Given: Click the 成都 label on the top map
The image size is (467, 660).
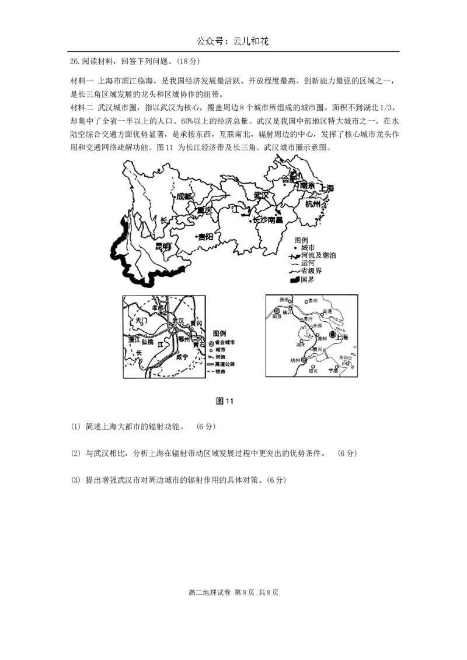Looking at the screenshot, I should [184, 196].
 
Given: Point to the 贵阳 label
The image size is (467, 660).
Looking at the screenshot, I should [205, 237].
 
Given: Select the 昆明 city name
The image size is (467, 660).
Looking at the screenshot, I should [162, 247].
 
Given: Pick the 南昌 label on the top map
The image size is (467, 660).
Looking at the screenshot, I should [275, 220].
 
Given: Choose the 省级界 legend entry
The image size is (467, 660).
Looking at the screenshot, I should [311, 272].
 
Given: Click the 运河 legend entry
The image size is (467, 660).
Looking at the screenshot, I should [308, 264].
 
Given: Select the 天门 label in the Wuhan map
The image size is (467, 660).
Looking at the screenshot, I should [142, 321].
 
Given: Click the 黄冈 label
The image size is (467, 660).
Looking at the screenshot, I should [196, 323].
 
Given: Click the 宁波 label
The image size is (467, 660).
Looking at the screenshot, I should [333, 370].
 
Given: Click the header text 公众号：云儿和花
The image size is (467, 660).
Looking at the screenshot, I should [233, 41].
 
